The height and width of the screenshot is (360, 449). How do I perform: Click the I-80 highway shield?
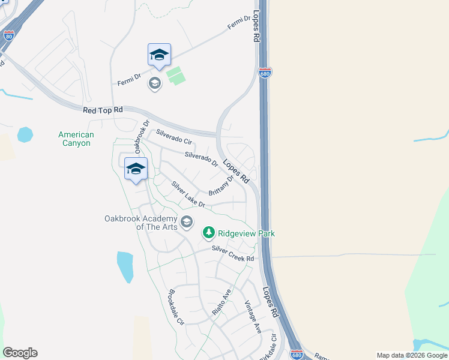[x=8, y=36]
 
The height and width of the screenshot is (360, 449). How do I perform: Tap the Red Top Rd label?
[x=103, y=110]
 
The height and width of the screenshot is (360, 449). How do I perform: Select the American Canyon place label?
[x=76, y=139]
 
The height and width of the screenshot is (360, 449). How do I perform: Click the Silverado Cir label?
[x=173, y=137]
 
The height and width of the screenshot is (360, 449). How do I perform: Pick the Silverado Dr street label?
[x=201, y=159]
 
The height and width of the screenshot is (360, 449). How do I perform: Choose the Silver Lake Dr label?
[x=188, y=195]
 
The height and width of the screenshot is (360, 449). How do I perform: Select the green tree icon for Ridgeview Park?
[x=208, y=232]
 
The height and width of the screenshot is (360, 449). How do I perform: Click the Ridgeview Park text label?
[x=246, y=233]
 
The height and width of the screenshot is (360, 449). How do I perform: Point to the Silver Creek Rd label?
[x=233, y=254]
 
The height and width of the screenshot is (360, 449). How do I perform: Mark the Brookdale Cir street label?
[x=176, y=307]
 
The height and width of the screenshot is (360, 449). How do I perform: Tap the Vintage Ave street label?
[x=253, y=317]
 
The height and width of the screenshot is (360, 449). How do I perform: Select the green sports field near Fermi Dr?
[x=175, y=76]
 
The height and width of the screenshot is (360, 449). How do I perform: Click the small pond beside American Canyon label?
[x=26, y=134]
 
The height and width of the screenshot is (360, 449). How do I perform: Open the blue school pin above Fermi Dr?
[x=159, y=55]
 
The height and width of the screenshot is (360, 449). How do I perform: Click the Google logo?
[x=20, y=353]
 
